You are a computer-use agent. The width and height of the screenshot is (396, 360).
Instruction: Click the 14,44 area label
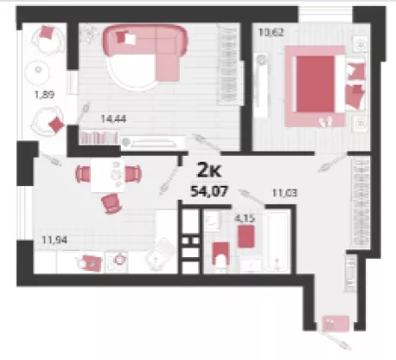coord(113,118)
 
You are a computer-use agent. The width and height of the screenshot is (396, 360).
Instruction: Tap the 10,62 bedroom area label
coord(271,33)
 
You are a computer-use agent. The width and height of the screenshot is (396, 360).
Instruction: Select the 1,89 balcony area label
coord(45,94)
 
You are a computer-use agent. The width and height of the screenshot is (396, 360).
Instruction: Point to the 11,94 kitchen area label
coord(55,240)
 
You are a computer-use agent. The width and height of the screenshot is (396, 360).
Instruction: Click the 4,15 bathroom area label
coord(244,219)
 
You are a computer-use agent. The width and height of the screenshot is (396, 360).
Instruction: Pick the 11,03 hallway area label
coord(285,193)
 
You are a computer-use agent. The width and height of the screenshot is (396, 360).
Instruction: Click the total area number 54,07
coord(209,191)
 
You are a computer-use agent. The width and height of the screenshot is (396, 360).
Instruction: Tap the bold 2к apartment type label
coord(209,171)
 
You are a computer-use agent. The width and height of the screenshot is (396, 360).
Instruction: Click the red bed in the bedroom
coord(315,84)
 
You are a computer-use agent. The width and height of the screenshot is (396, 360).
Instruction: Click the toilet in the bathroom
coord(221,255)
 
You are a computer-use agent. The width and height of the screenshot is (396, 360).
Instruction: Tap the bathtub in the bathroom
coord(278,242)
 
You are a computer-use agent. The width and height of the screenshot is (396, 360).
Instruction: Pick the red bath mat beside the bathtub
coord(246,237)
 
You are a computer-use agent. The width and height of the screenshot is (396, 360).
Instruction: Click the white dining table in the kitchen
coord(108,175)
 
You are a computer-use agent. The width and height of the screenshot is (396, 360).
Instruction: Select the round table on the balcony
coord(38,70)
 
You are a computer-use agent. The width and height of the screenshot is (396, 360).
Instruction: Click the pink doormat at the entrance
coord(335,323)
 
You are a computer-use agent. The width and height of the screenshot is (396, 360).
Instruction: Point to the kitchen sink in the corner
coord(160,254)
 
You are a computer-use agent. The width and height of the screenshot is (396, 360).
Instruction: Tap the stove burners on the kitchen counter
coord(117,261)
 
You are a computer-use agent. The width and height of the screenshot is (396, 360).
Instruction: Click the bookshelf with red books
coord(99,138)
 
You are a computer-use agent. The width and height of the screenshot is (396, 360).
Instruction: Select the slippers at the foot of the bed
coord(326,121)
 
